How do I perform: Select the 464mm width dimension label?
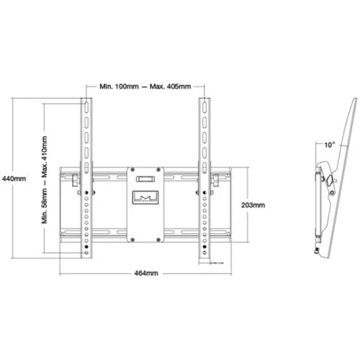coord(145,274)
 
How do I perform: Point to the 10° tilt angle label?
coord(329,145)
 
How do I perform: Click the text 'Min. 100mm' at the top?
coord(119,86)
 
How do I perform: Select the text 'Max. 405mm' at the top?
coord(170,86)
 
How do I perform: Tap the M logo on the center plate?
coord(145,196)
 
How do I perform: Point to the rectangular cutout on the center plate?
coord(145,175)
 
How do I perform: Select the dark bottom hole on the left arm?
coord(87,249)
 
